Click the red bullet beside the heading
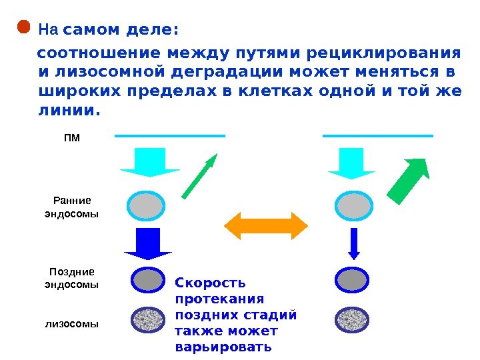[23, 27]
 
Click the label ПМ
[71, 139]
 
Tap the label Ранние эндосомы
[71, 207]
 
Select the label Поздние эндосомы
[71, 278]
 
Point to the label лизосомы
[71, 324]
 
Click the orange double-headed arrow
[266, 225]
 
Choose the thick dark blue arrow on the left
[148, 244]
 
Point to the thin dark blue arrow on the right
[354, 244]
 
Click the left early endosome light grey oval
[146, 206]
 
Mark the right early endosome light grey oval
[355, 206]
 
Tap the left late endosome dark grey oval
[147, 280]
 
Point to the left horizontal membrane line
[170, 136]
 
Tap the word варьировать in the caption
[223, 347]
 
